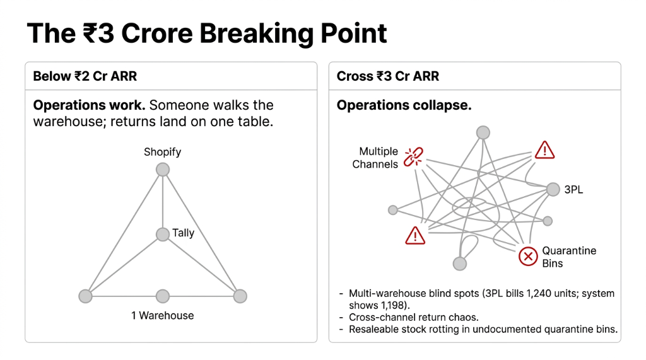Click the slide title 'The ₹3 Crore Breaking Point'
[x=206, y=33]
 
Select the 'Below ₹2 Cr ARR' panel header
[x=85, y=76]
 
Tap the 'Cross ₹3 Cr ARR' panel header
[x=387, y=76]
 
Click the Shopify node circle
[x=163, y=170]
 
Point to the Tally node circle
[x=163, y=235]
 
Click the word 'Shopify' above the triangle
[x=162, y=152]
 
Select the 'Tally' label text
[x=183, y=233]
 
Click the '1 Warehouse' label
[x=162, y=315]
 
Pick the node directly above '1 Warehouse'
[x=163, y=296]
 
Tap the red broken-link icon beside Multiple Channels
[x=414, y=156]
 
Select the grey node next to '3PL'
[x=553, y=189]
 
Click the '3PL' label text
[x=573, y=189]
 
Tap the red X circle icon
[x=528, y=257]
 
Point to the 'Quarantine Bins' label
[x=569, y=257]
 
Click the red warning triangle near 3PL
[x=544, y=149]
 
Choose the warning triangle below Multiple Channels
[x=414, y=235]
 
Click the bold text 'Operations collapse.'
[x=404, y=105]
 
